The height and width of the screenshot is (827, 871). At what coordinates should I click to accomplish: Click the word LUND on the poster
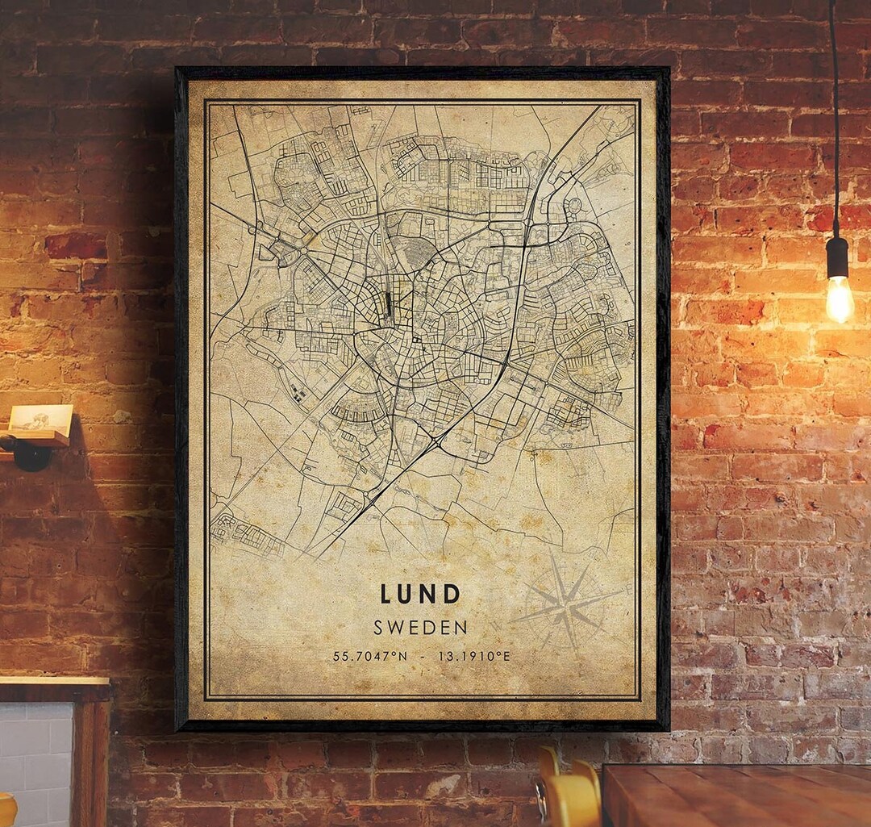(420, 595)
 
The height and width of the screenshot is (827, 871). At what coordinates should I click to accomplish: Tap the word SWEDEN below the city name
(420, 627)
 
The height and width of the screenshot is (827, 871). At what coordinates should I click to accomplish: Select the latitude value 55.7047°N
(370, 656)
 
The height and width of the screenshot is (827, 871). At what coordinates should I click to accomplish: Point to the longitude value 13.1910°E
(474, 656)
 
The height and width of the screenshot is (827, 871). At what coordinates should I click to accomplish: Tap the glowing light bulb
(840, 299)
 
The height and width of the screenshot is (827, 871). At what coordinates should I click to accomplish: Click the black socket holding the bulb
(838, 257)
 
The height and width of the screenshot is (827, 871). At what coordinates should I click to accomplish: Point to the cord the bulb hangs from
(834, 121)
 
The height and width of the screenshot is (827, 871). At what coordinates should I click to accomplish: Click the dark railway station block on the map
(389, 304)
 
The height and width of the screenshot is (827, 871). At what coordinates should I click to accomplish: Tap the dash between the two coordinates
(423, 656)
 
